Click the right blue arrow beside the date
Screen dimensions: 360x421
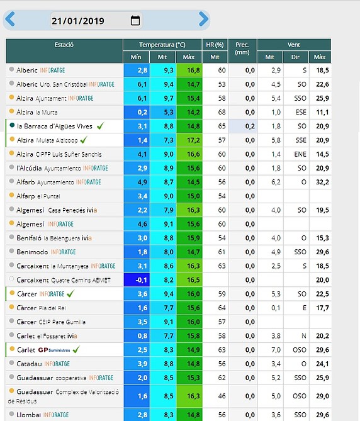click(x=203, y=19)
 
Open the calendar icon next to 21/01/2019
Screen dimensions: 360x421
click(x=135, y=20)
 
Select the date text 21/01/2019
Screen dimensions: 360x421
click(x=78, y=21)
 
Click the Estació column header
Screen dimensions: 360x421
click(x=64, y=45)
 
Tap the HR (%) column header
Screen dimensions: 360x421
click(x=215, y=45)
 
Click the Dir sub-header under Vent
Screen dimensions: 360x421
click(x=295, y=57)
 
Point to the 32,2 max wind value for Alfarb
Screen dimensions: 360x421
click(x=322, y=182)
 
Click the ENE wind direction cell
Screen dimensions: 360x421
click(x=300, y=154)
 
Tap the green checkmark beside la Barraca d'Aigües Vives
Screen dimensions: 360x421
click(x=101, y=126)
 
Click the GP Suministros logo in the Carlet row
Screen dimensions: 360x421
click(x=54, y=350)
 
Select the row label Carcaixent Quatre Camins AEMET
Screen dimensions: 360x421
click(x=64, y=280)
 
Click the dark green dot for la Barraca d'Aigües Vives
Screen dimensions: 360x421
click(x=12, y=125)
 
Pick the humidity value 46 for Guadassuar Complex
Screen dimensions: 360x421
click(x=222, y=396)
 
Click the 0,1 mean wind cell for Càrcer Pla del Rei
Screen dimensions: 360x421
click(x=276, y=308)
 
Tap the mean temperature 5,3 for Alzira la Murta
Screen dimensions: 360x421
click(x=169, y=112)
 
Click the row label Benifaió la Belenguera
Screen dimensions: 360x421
click(x=54, y=238)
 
